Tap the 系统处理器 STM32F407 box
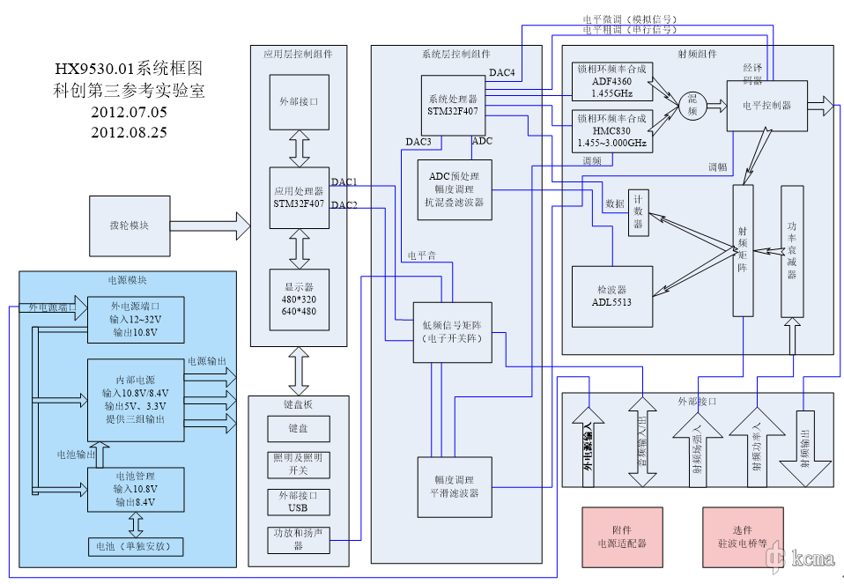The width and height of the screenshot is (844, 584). click(453, 106)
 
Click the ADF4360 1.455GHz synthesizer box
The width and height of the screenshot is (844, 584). click(611, 80)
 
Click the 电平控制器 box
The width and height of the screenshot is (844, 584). click(766, 106)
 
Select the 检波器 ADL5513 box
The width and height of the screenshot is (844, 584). click(611, 295)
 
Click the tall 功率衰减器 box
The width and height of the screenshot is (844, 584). click(792, 251)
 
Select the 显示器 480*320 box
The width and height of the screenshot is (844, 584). click(300, 299)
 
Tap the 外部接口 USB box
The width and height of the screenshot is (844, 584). click(299, 501)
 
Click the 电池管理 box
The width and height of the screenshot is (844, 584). click(135, 488)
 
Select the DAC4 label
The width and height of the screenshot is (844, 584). click(502, 72)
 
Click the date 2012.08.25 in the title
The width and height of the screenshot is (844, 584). click(129, 132)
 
